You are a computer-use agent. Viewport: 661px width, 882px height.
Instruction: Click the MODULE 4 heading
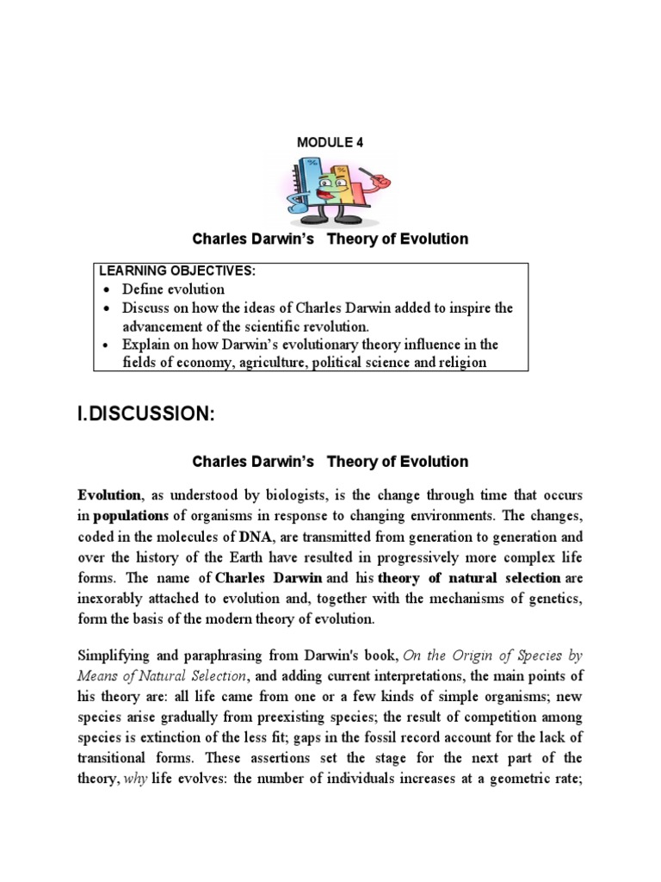pos(330,143)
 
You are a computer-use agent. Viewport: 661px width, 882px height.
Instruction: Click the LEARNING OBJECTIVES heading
pos(176,270)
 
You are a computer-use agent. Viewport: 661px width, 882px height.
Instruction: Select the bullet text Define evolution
pos(173,289)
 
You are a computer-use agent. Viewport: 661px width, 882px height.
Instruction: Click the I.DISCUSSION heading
pos(145,414)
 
